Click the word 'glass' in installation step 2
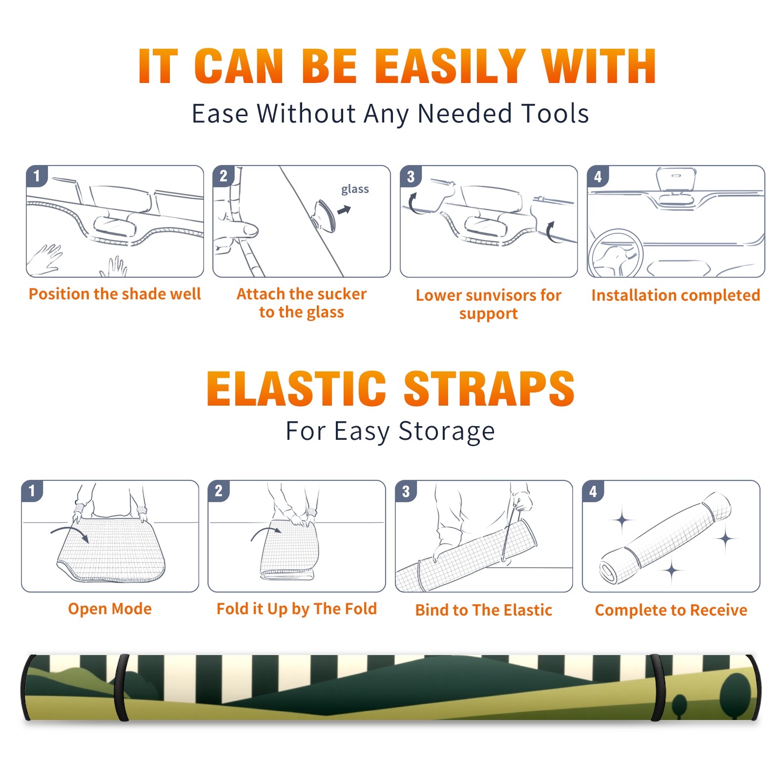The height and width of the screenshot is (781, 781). (355, 189)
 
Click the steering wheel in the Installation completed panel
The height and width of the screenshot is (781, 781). (616, 253)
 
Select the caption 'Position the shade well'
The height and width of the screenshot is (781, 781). (115, 294)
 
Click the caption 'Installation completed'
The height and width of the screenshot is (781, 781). (676, 295)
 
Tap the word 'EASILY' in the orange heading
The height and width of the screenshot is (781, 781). (450, 66)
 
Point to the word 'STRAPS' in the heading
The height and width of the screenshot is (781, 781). (489, 389)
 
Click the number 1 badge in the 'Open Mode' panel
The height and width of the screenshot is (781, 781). (32, 491)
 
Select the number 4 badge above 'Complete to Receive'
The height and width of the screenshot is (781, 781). (593, 491)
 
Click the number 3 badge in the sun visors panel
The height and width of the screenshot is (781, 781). (411, 176)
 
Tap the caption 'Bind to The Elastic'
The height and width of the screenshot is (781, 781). (484, 610)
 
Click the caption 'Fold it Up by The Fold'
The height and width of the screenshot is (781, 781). (297, 609)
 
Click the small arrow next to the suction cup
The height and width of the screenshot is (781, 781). (344, 210)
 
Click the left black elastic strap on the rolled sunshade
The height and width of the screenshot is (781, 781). (121, 688)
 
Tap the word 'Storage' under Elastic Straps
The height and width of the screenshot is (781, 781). (447, 432)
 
